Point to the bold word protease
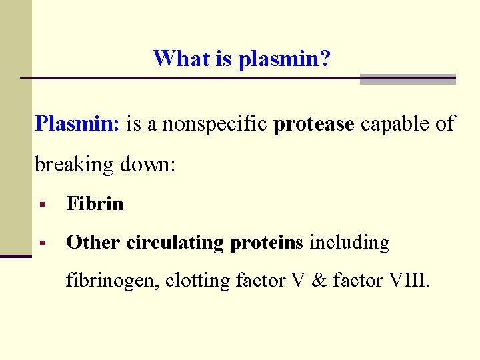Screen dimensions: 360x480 click(x=314, y=123)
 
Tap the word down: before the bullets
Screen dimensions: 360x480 click(x=147, y=164)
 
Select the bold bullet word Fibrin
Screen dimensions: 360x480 click(x=95, y=203)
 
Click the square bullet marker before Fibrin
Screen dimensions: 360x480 click(x=41, y=204)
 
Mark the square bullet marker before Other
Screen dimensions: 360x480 click(x=41, y=243)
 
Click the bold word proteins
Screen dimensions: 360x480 click(x=267, y=243)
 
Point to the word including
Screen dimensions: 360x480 click(x=349, y=243)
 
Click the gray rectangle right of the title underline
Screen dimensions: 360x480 click(x=407, y=79)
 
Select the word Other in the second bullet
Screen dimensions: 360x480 click(x=93, y=243)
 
